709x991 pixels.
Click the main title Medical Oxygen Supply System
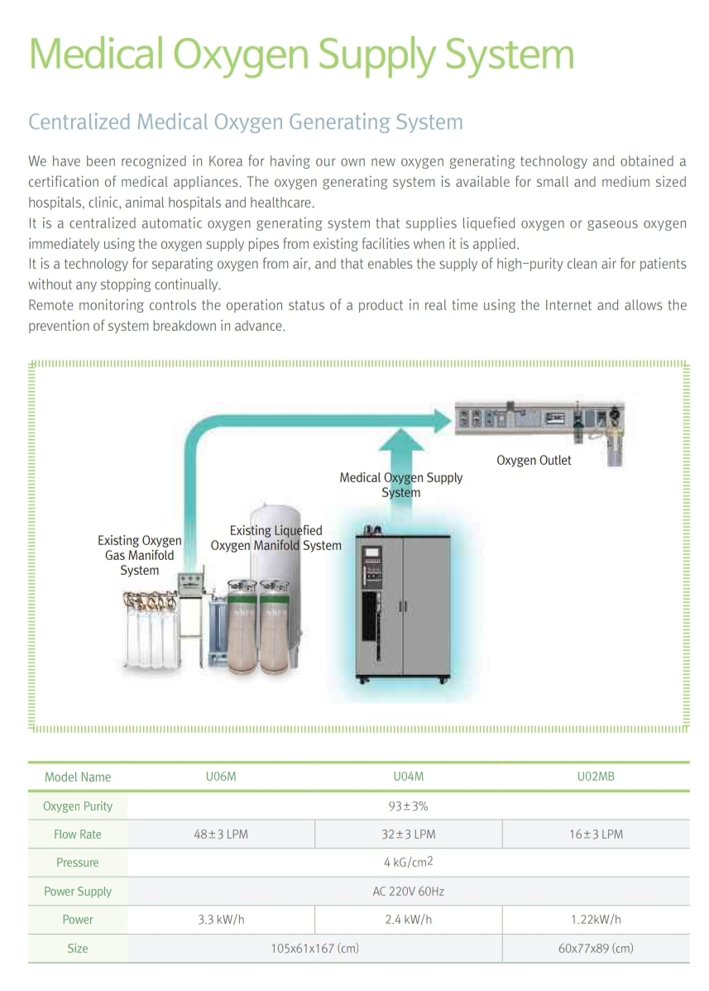click(301, 55)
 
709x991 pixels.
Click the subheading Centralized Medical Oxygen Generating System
click(246, 122)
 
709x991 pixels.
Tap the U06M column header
click(221, 776)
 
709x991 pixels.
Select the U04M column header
click(408, 776)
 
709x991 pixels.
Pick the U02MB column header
click(596, 776)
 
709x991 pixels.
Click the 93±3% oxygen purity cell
click(408, 806)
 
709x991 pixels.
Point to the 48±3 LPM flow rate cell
click(221, 835)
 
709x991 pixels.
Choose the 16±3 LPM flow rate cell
click(596, 835)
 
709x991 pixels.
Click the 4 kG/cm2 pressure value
click(408, 862)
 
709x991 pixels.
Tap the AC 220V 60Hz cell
click(408, 892)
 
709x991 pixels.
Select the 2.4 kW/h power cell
click(408, 920)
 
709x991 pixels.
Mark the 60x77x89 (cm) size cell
click(596, 948)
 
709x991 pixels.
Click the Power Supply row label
click(78, 892)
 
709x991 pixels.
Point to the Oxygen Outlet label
click(534, 461)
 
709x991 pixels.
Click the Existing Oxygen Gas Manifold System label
click(140, 556)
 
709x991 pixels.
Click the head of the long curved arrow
click(443, 420)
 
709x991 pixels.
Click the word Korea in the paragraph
click(226, 161)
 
